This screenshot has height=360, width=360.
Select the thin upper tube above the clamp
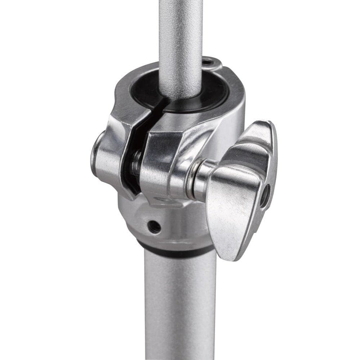[180, 36]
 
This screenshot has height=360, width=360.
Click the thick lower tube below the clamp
[180, 306]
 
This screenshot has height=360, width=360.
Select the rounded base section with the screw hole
[169, 223]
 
